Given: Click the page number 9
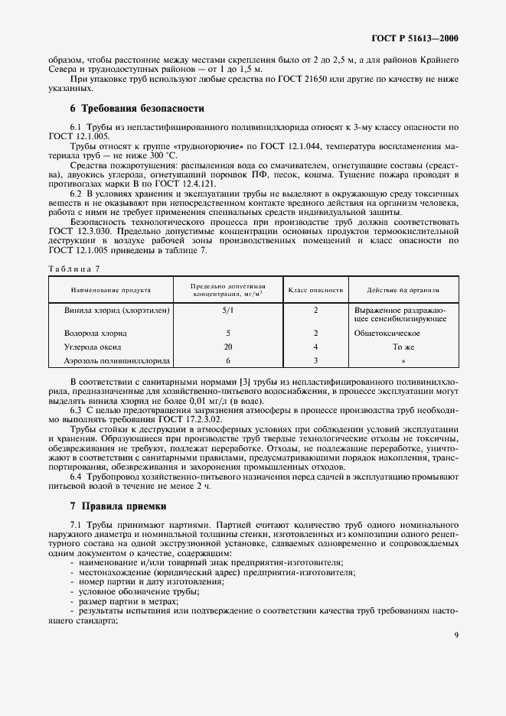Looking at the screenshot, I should click(x=455, y=633).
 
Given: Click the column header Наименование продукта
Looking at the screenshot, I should click(x=111, y=290).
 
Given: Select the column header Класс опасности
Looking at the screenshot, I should click(x=315, y=290).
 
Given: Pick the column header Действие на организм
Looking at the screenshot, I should click(x=403, y=290).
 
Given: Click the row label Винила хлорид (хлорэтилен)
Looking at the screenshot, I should click(x=117, y=311).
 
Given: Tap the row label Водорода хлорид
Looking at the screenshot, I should click(x=96, y=334).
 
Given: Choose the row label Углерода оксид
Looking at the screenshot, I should click(x=93, y=347).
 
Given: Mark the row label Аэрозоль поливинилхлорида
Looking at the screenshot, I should click(x=117, y=360).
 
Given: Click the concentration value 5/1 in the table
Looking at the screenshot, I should click(x=228, y=311).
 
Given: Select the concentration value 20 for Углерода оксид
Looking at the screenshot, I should click(x=228, y=347).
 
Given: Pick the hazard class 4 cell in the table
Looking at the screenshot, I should click(x=315, y=347).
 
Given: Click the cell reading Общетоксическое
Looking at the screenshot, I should click(x=387, y=334).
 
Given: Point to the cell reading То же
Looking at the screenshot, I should click(x=403, y=347).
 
